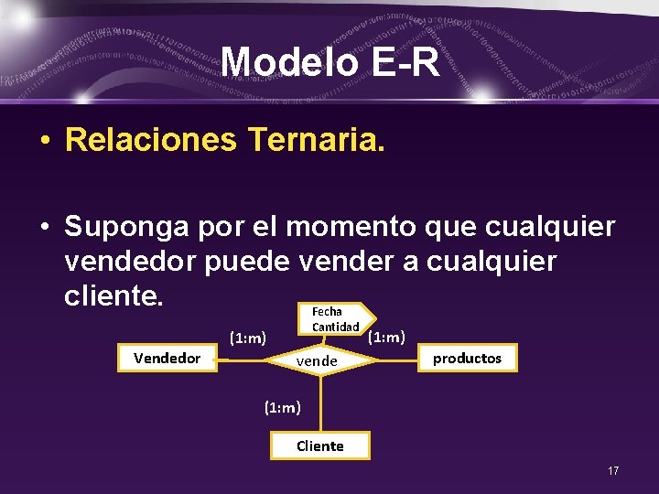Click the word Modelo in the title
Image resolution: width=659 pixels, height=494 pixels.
[x=285, y=62]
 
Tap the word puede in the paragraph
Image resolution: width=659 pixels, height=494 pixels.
[x=248, y=261]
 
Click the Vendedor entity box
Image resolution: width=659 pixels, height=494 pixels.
[x=167, y=359]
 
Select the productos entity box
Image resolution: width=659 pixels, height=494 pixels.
[x=467, y=359]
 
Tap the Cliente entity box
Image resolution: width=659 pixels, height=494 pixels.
[x=320, y=446]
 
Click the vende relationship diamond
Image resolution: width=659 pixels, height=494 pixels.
[x=317, y=361]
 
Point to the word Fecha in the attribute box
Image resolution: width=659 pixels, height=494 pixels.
[x=327, y=312]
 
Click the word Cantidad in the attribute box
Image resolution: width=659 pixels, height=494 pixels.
[x=335, y=327]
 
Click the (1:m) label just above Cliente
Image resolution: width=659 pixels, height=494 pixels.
[x=282, y=407]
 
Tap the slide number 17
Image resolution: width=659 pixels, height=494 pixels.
[x=613, y=470]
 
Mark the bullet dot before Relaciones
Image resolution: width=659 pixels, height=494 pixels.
[x=44, y=141]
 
